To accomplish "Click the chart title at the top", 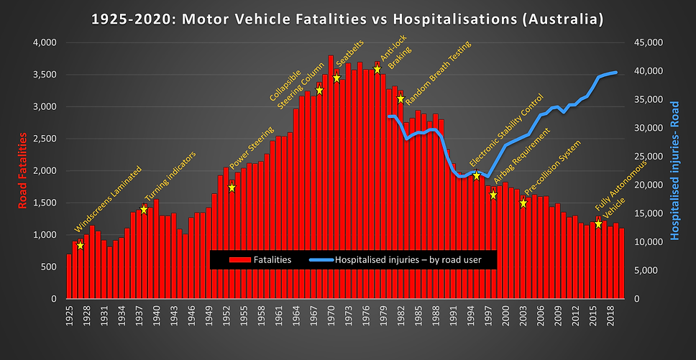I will (348, 17).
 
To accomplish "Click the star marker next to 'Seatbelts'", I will (336, 78).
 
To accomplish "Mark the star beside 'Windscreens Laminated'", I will (81, 246).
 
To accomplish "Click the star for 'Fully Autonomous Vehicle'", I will (598, 224).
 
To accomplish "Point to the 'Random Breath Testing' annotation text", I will (439, 71).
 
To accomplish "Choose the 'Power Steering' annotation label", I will (252, 162).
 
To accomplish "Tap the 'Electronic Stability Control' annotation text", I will (506, 129).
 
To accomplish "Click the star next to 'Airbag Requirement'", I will (493, 195).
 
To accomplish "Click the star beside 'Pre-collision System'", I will (523, 203).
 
